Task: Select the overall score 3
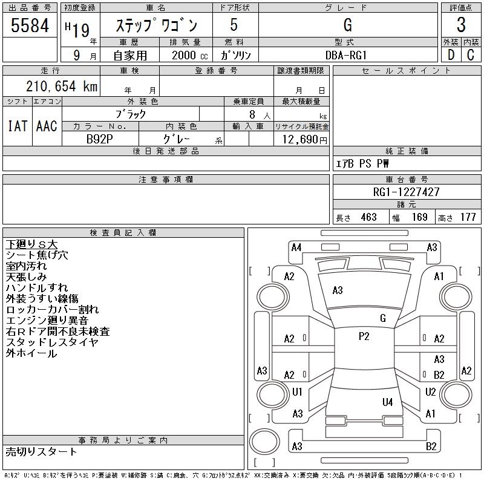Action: pos(461,25)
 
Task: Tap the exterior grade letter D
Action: pos(451,54)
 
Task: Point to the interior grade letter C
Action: pos(471,54)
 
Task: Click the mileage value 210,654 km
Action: pos(60,87)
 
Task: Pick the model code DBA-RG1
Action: pos(347,54)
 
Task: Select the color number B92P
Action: pos(100,139)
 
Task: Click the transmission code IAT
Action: pos(18,126)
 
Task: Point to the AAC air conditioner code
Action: pos(47,126)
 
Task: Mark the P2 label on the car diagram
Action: pos(364,337)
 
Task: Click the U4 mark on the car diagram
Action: pos(387,402)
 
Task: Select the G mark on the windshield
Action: pos(383,318)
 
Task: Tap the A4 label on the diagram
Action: pos(296,247)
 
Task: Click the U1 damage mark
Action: pos(297,392)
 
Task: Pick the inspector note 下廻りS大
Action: pos(31,244)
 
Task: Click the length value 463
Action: pos(368,217)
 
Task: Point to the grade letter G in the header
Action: pos(347,25)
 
